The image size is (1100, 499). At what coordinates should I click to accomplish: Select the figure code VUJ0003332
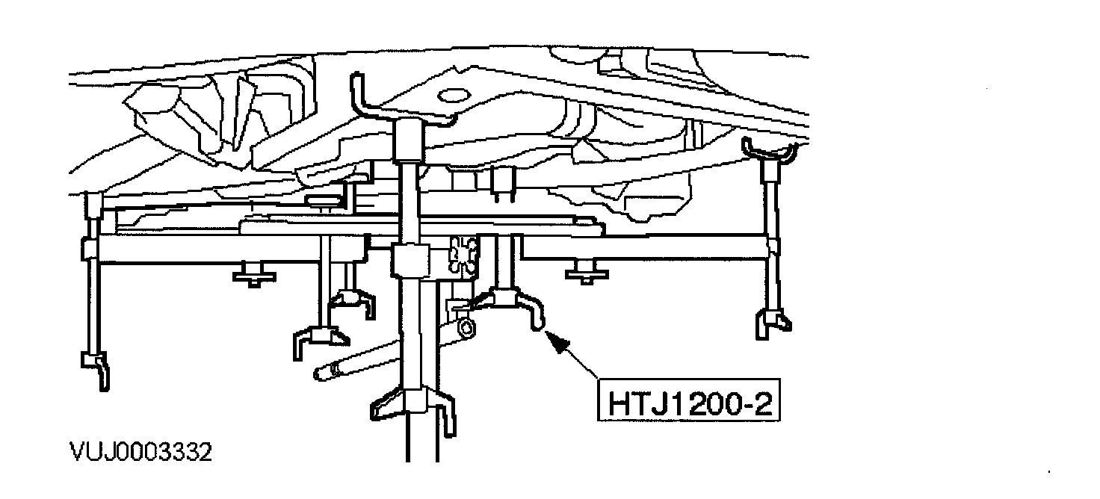(140, 453)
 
